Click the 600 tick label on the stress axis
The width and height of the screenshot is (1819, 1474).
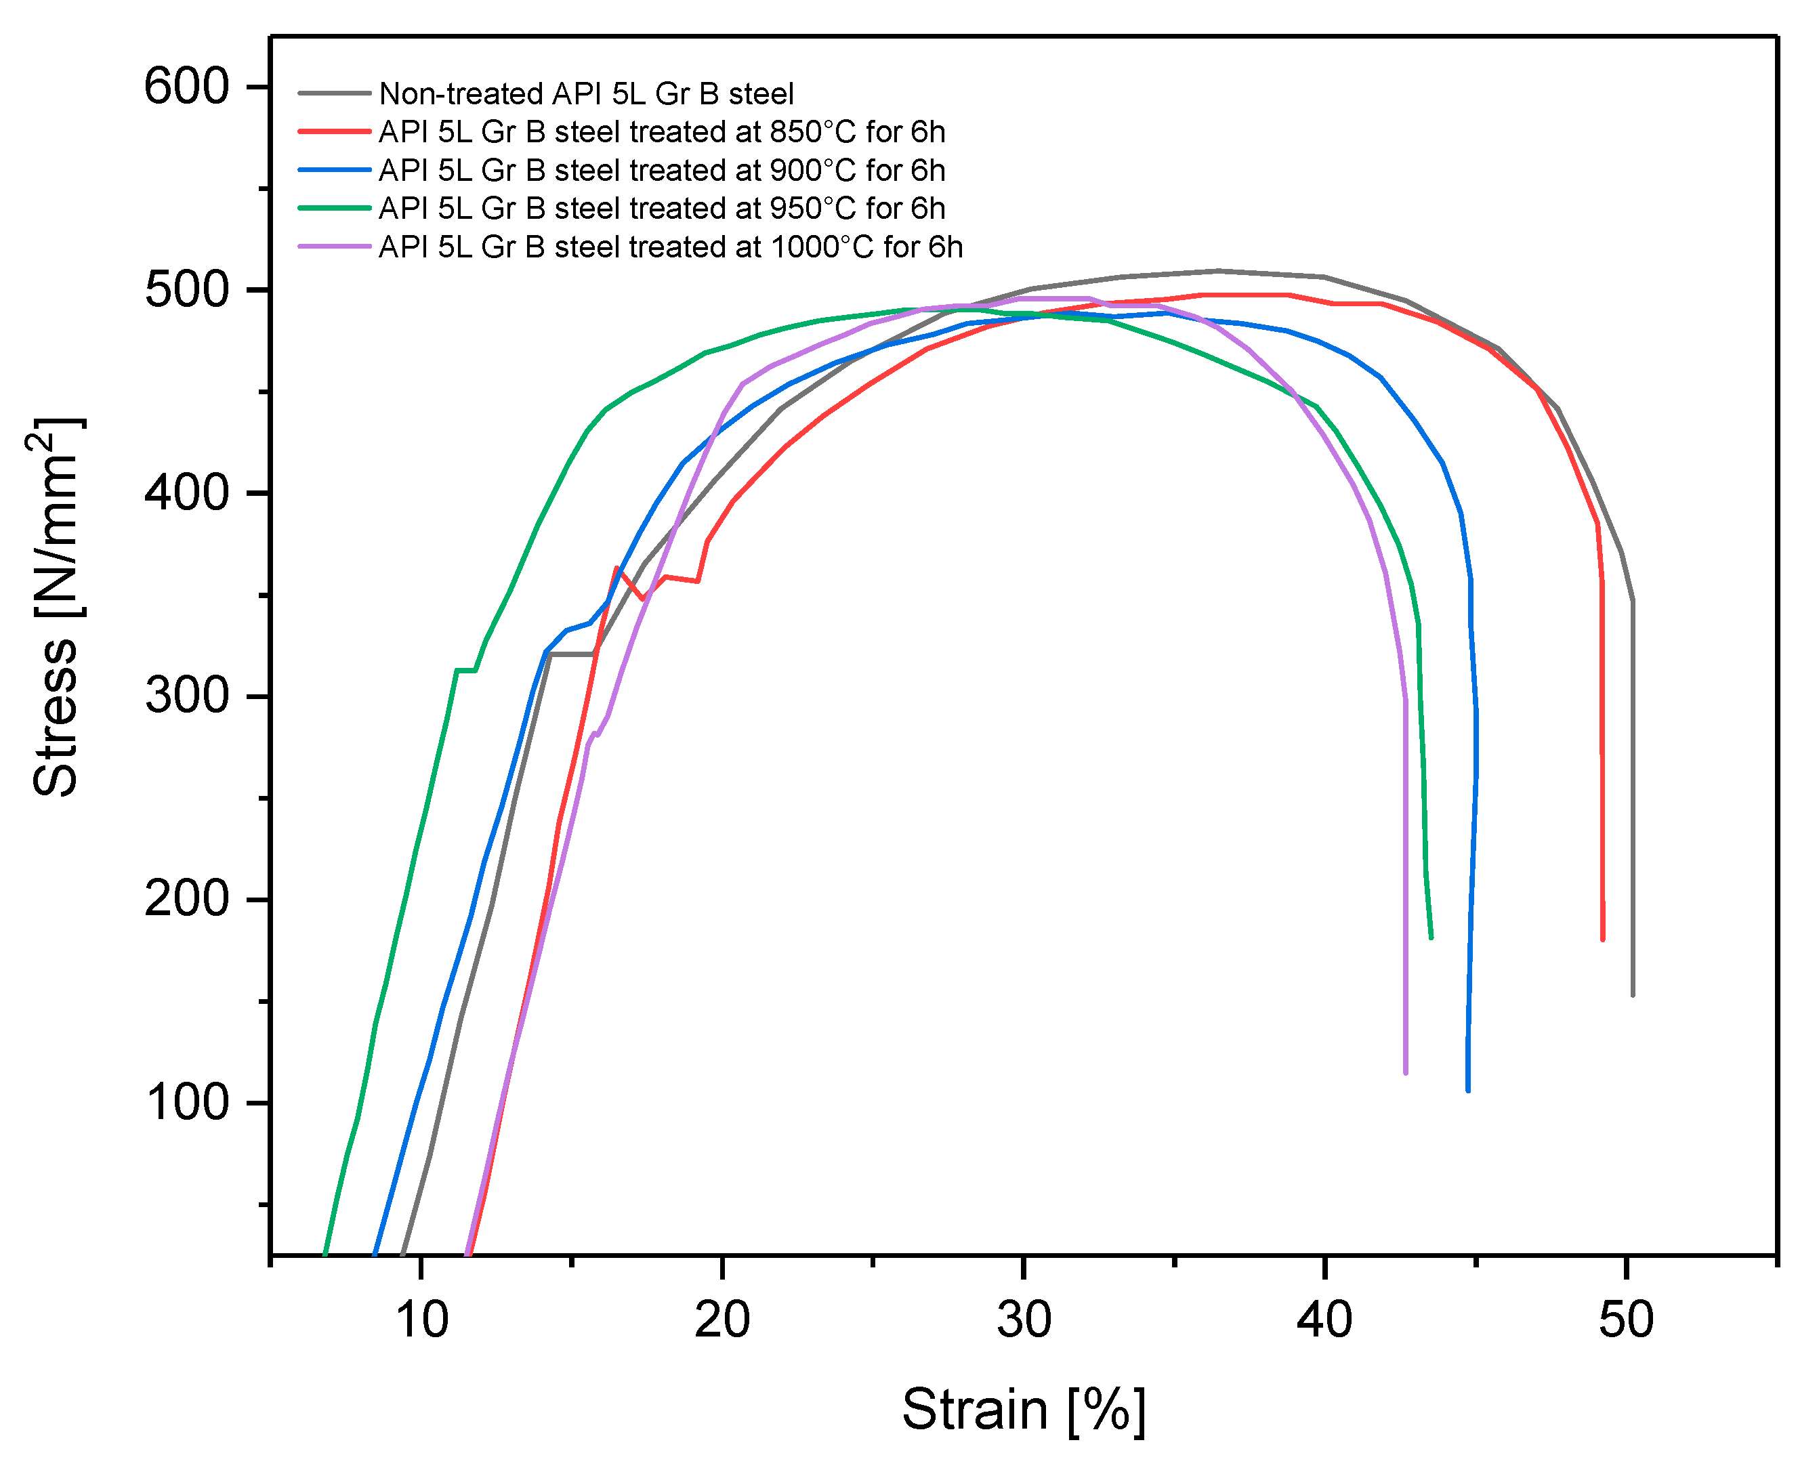(x=187, y=87)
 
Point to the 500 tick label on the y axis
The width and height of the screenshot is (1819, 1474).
(x=187, y=291)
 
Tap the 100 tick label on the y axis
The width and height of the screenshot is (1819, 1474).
(x=187, y=1103)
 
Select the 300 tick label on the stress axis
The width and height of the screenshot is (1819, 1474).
(x=187, y=696)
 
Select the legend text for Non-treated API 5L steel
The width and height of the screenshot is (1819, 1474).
(x=586, y=93)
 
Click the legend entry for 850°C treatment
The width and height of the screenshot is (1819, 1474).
(x=661, y=131)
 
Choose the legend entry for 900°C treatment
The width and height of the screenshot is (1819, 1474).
(x=661, y=170)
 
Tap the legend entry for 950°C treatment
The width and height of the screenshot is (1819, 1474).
(x=661, y=208)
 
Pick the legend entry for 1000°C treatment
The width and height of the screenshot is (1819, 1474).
(x=670, y=247)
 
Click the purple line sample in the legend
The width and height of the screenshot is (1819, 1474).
(x=335, y=247)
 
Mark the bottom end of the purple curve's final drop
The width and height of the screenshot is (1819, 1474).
(x=1406, y=1072)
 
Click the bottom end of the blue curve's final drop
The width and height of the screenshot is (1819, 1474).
(x=1467, y=1090)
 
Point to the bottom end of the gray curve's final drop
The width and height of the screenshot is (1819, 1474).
(x=1632, y=995)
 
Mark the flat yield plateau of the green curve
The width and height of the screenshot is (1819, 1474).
(x=465, y=671)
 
